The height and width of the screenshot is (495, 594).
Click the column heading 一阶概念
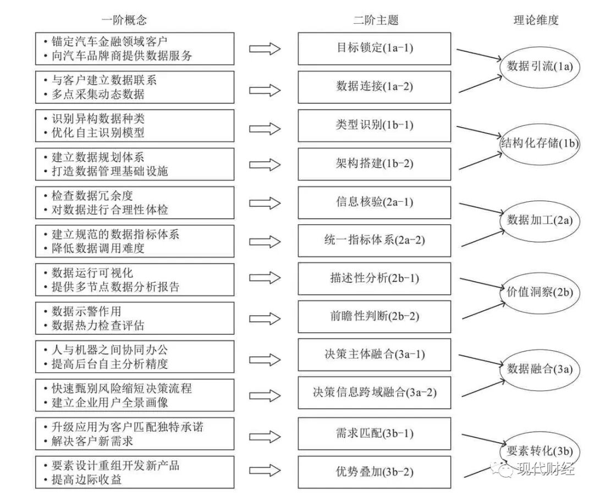(124, 20)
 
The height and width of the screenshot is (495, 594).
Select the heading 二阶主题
(375, 20)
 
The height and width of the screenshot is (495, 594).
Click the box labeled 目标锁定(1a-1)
(375, 48)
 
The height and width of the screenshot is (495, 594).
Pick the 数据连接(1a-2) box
(375, 86)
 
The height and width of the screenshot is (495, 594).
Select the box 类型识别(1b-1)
(375, 125)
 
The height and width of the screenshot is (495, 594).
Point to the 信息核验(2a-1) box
(375, 202)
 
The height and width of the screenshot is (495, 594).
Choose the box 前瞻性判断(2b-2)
(375, 316)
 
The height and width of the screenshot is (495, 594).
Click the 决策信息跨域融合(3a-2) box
(375, 393)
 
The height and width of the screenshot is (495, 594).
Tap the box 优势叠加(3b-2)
(375, 471)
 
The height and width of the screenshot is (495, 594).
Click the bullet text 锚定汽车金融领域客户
(110, 41)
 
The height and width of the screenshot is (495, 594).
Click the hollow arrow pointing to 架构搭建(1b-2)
(265, 164)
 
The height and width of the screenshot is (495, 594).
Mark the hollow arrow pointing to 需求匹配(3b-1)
(265, 433)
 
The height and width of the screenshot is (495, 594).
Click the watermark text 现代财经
(544, 469)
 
